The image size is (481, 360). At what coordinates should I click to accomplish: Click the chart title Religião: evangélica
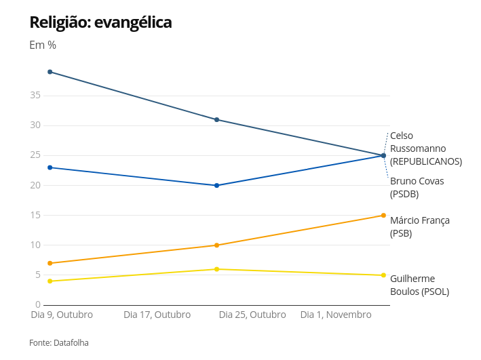(x=100, y=22)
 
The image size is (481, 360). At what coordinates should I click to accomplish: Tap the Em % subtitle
(x=43, y=45)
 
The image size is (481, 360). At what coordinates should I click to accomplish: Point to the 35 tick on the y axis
(x=35, y=96)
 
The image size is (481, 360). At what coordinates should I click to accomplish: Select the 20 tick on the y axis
(x=35, y=185)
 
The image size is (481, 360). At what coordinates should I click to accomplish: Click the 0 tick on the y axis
(x=38, y=304)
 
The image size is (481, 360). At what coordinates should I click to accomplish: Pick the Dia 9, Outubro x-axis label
(x=62, y=315)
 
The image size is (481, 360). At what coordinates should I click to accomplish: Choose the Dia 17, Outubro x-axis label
(x=157, y=315)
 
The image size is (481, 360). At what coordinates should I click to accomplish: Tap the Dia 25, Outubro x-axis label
(x=252, y=315)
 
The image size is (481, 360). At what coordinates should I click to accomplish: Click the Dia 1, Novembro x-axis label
(x=336, y=315)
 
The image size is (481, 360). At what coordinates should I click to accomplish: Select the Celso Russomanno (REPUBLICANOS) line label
(x=425, y=148)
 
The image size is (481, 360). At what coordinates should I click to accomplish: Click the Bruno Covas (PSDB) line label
(x=417, y=187)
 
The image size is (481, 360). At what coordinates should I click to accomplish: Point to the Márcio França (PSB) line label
(x=419, y=226)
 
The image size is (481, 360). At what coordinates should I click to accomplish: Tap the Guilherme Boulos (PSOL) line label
(x=419, y=285)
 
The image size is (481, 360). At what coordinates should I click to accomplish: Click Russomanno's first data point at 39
(x=50, y=72)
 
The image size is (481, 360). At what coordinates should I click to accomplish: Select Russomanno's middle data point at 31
(x=216, y=119)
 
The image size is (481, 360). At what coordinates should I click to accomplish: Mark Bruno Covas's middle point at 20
(x=216, y=185)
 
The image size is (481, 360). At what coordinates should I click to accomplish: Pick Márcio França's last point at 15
(x=383, y=216)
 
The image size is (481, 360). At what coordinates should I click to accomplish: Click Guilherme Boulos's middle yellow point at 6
(x=216, y=269)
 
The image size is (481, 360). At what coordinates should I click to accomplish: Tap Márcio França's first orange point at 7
(x=50, y=263)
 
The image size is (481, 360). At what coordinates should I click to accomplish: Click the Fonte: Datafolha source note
(x=59, y=343)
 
